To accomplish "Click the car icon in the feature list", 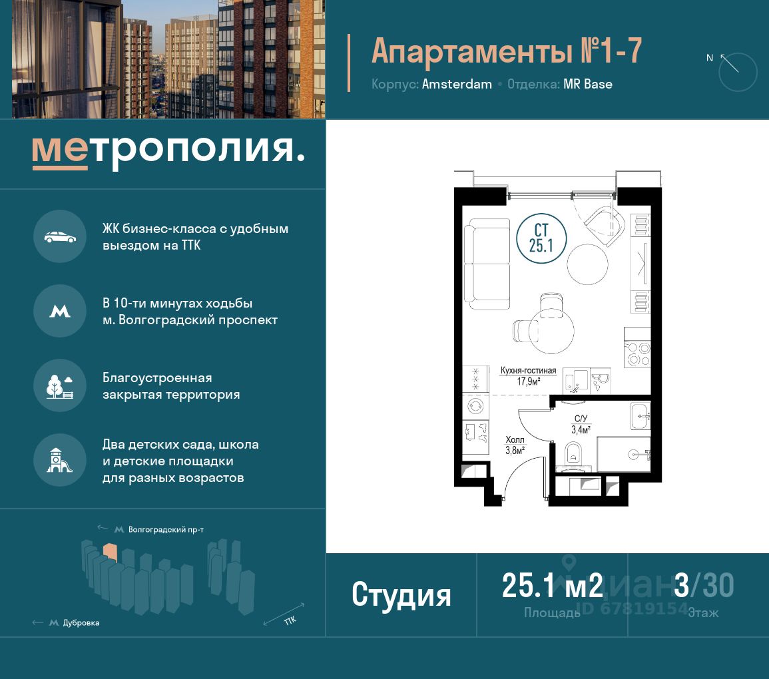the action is (x=60, y=237).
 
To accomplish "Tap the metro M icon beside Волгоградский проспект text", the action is (x=60, y=312).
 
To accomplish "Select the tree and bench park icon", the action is (x=60, y=386).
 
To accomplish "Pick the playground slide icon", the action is (x=59, y=461).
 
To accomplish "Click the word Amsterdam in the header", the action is (x=457, y=85).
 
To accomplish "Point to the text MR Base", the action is (x=587, y=85).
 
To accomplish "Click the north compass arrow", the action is (x=729, y=63).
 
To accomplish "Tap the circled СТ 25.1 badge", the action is (x=541, y=238).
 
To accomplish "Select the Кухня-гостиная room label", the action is (x=528, y=371).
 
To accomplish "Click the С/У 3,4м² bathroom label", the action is (x=581, y=425).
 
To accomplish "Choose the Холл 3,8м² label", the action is (x=515, y=445).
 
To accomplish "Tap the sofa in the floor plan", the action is (x=487, y=264).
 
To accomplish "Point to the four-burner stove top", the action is (x=637, y=354).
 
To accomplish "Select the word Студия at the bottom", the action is (x=401, y=594).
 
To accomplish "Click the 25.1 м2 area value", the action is (x=552, y=585).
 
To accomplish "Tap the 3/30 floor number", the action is (x=704, y=585).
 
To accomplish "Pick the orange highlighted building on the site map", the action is (x=110, y=552).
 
